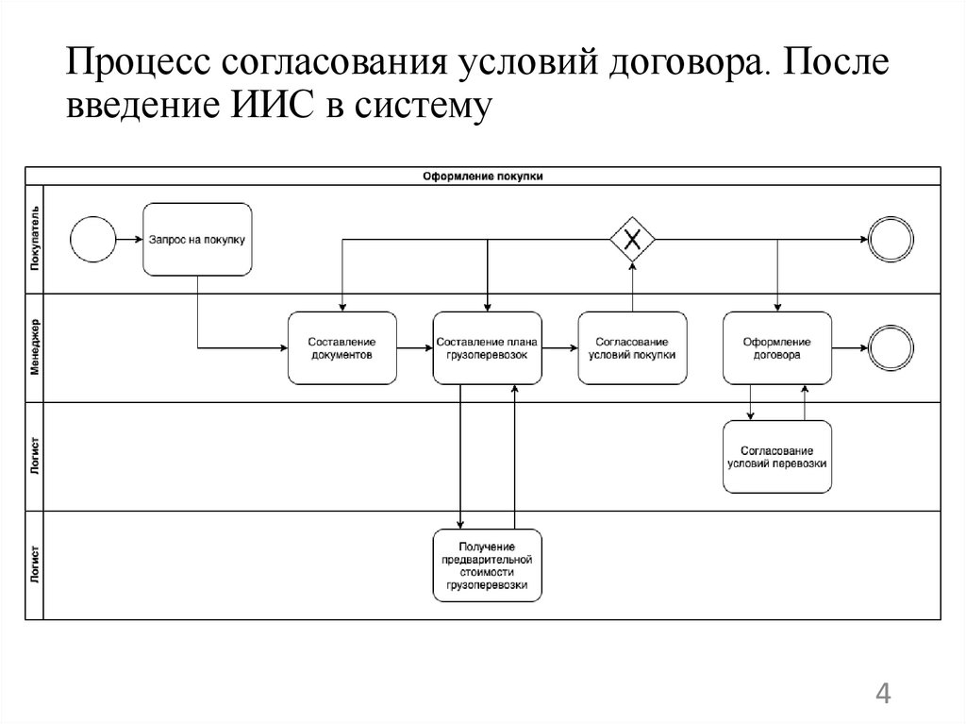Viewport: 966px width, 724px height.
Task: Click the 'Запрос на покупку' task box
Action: click(198, 239)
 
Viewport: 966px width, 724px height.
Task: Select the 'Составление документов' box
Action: click(342, 347)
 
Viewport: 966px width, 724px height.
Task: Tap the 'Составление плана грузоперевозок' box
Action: click(488, 347)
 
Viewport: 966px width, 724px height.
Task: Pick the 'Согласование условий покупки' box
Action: click(632, 347)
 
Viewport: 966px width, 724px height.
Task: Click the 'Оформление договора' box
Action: click(777, 347)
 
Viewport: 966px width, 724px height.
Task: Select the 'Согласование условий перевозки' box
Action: click(777, 457)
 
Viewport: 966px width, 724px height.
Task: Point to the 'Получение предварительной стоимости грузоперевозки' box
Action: click(488, 565)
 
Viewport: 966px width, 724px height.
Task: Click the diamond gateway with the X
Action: click(632, 239)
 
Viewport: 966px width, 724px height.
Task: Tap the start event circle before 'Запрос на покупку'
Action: click(92, 239)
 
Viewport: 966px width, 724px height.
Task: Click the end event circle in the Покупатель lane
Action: click(891, 239)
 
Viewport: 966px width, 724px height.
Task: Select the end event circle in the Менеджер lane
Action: click(891, 347)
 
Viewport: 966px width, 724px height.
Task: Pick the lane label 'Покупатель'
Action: click(35, 240)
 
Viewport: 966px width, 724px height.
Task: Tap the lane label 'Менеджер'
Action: click(35, 348)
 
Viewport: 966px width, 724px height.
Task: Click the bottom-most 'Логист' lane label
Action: click(35, 565)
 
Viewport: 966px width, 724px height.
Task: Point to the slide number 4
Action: click(883, 695)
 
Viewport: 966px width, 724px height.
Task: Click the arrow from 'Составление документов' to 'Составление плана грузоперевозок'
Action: click(415, 347)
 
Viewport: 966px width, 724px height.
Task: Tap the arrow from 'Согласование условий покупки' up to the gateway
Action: click(632, 288)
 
